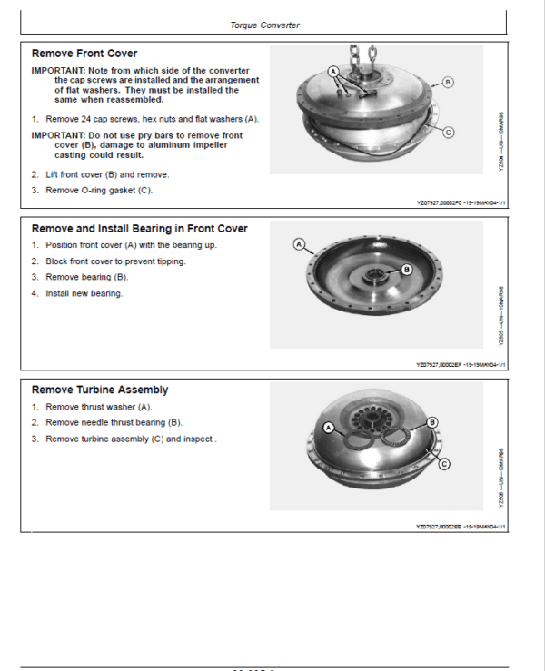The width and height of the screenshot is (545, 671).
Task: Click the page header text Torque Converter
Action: tap(264, 25)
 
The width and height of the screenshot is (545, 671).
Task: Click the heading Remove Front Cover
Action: tap(84, 54)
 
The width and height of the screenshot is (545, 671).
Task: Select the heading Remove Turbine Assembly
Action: tap(100, 390)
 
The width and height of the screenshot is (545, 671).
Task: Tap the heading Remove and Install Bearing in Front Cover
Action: tap(139, 229)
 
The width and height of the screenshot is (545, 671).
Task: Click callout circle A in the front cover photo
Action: tap(333, 70)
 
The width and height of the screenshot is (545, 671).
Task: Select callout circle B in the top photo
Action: tap(447, 82)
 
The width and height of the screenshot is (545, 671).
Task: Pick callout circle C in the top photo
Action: tap(447, 132)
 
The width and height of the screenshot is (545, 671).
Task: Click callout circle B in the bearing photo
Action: tap(405, 269)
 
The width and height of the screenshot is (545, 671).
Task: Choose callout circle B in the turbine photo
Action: tap(432, 422)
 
